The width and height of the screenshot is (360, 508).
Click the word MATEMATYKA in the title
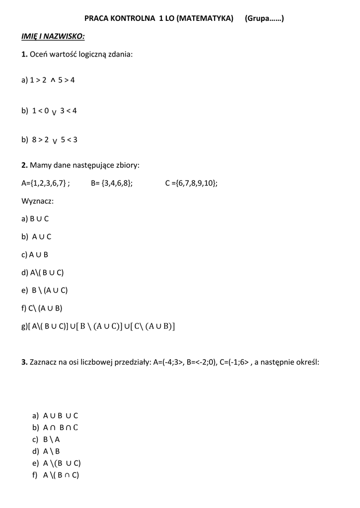(x=205, y=19)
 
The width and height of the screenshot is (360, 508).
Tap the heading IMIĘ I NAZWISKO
(x=53, y=37)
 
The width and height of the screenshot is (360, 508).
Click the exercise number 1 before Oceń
(x=24, y=54)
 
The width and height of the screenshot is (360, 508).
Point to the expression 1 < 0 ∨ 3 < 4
(x=49, y=111)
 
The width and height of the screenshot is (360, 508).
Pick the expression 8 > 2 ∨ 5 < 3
(x=49, y=140)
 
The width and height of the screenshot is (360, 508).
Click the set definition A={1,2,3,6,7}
(x=45, y=183)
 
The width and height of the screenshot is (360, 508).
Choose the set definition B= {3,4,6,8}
(x=112, y=183)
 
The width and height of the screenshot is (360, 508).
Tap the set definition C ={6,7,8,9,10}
(x=191, y=183)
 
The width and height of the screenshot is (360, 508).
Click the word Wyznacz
(x=37, y=201)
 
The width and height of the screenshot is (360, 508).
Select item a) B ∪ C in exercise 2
(x=35, y=219)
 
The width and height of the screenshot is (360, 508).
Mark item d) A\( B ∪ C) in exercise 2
(x=43, y=272)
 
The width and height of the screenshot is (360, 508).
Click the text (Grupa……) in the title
(x=264, y=19)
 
